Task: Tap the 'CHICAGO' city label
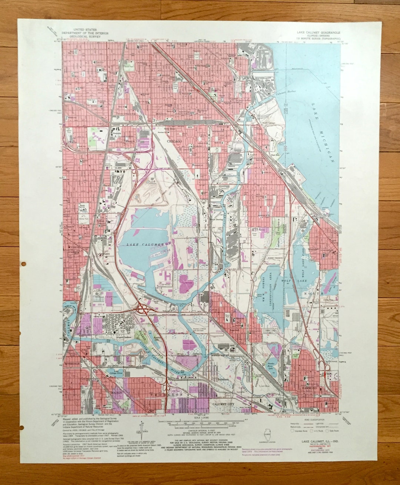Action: click(x=174, y=141)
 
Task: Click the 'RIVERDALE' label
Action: click(x=73, y=364)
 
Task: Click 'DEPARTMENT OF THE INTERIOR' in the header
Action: click(x=85, y=33)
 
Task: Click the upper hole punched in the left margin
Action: click(x=24, y=264)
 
